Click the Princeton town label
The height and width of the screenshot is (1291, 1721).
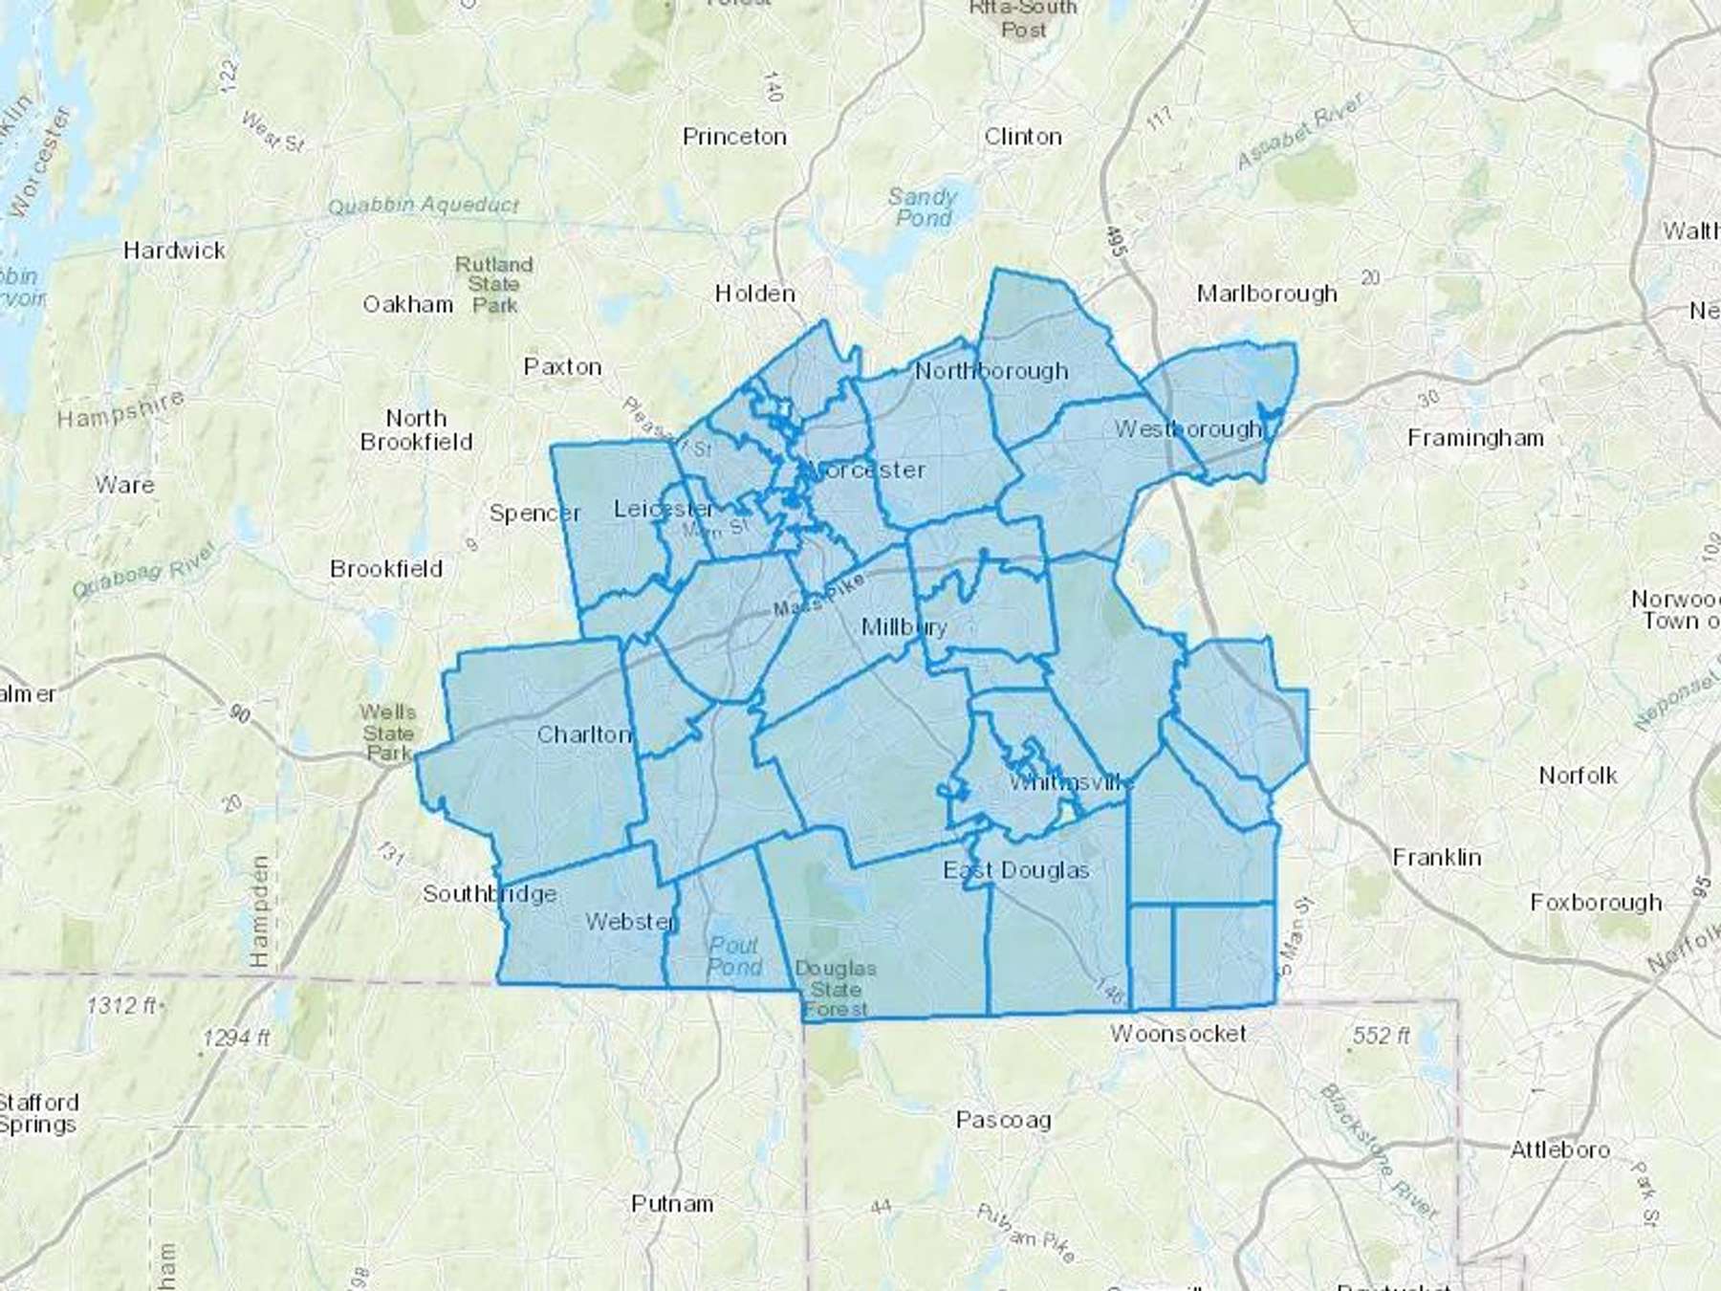[x=734, y=137]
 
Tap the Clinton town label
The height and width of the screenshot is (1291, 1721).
[x=1023, y=137]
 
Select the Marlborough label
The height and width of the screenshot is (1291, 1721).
[x=1267, y=294]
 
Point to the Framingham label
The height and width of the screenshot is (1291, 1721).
[x=1475, y=438]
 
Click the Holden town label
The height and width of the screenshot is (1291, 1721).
[x=755, y=294]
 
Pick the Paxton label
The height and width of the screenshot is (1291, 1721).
[x=562, y=366]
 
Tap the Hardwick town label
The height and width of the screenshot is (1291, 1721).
[x=174, y=251]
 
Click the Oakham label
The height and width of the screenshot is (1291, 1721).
[x=407, y=304]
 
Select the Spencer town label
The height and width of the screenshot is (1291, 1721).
[x=534, y=514]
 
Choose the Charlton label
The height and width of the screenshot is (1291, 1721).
[x=584, y=734]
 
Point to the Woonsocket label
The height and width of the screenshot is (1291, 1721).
[x=1178, y=1034]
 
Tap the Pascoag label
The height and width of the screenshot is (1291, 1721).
[x=1003, y=1120]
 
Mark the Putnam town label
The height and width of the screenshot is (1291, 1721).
[x=672, y=1203]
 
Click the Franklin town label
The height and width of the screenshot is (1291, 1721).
[x=1436, y=857]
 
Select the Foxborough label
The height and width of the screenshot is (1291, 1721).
[x=1596, y=903]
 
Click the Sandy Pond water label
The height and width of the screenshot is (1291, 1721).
[x=923, y=208]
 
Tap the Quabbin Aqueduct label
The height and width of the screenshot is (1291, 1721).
[x=423, y=206]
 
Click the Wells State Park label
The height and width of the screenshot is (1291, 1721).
[x=387, y=733]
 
